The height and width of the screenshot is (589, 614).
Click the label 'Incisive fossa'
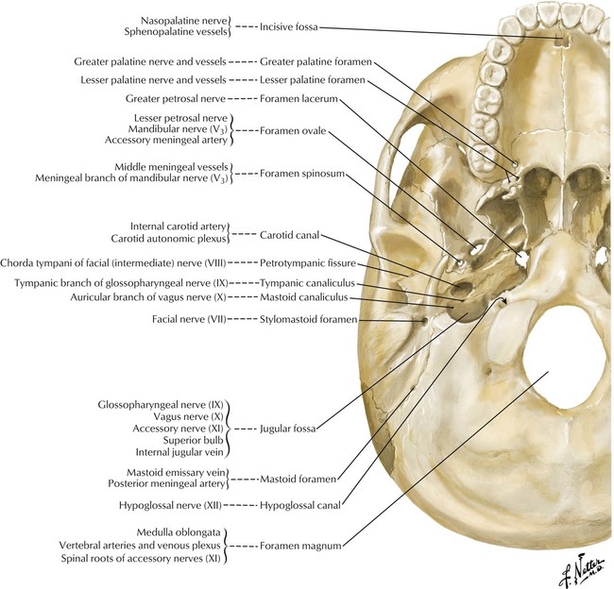click(x=289, y=27)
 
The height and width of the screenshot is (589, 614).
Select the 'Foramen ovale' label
click(x=293, y=130)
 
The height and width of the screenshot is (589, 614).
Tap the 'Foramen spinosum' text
click(x=302, y=174)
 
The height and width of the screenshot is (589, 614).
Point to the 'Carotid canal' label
click(x=289, y=235)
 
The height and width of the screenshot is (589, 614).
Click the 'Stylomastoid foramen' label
click(x=309, y=320)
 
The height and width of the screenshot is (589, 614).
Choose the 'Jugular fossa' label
click(x=288, y=429)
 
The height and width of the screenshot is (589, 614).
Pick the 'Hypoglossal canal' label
click(x=300, y=506)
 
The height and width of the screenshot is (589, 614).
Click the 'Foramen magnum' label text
click(x=300, y=546)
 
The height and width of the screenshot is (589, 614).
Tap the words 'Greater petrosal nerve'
click(x=176, y=99)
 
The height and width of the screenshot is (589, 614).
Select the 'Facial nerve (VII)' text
click(x=189, y=320)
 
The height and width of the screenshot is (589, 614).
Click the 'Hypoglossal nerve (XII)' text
click(x=170, y=506)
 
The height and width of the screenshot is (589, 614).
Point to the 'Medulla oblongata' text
click(x=179, y=532)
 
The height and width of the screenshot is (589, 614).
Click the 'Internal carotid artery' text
click(x=179, y=227)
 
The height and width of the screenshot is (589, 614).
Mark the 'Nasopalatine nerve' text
click(x=184, y=21)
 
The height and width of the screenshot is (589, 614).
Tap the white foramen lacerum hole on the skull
click(x=522, y=259)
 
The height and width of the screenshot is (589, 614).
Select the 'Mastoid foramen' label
click(x=298, y=479)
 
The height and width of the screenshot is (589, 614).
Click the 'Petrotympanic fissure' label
click(x=308, y=263)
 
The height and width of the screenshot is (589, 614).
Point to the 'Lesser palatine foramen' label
click(x=313, y=80)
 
